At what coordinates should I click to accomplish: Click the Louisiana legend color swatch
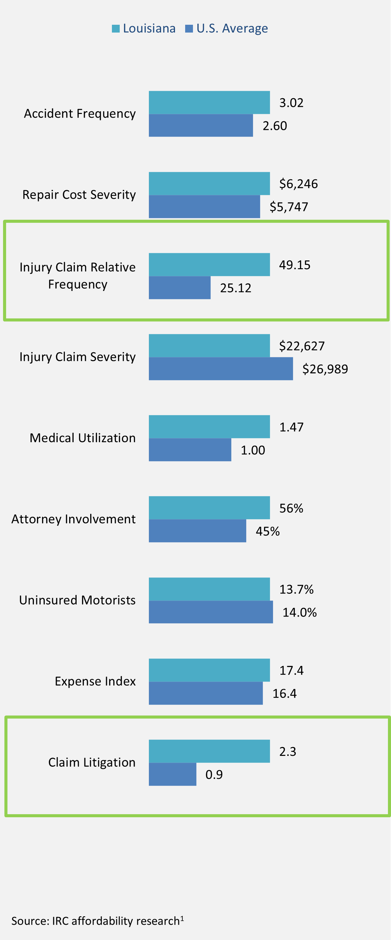point(116,29)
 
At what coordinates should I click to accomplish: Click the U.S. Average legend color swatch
point(189,29)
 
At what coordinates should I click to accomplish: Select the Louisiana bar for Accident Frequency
point(209,102)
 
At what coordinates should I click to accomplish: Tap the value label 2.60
point(275,126)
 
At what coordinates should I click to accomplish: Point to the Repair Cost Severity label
point(79,195)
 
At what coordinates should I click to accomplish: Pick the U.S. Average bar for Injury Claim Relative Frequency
point(180,288)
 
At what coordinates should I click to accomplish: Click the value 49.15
point(295,265)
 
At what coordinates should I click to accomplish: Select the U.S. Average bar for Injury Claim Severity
point(220,369)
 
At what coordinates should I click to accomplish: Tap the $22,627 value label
point(301,346)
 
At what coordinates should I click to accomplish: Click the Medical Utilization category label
point(82,438)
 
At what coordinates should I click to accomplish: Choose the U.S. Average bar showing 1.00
point(190,450)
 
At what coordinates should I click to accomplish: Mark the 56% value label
point(291,508)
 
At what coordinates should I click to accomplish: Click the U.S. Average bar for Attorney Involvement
point(197,531)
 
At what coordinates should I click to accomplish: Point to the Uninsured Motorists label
point(77,600)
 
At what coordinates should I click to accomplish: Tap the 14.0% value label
point(299,612)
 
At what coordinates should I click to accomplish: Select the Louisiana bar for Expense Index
point(209,670)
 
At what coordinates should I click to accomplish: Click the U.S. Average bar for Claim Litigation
point(172,774)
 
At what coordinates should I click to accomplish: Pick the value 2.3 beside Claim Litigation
point(287,751)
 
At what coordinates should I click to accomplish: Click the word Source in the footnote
point(30,921)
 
